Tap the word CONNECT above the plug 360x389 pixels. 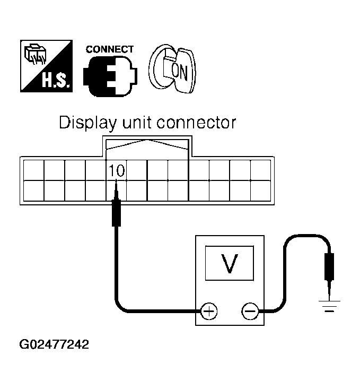coord(110,49)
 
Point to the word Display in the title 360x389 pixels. coord(87,123)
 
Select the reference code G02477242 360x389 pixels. coord(54,344)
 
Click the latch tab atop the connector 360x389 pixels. coord(147,145)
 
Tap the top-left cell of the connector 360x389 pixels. coord(33,170)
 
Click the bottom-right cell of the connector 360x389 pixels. coord(260,191)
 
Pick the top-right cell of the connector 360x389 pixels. coord(260,170)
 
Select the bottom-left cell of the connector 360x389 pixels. coord(33,191)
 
